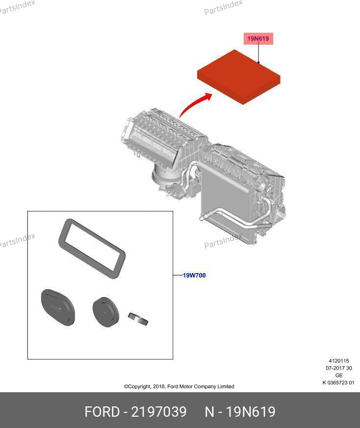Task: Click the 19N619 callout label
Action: (x=258, y=39)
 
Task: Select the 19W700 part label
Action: (x=194, y=276)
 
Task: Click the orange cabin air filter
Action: (x=239, y=76)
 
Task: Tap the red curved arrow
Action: (x=195, y=104)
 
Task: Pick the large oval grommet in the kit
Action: (x=58, y=307)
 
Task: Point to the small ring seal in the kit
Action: (x=138, y=319)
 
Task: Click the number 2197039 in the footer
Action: (x=159, y=412)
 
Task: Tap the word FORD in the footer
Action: (x=102, y=412)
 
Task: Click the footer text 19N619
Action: (x=251, y=412)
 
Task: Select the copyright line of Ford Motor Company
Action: (x=179, y=386)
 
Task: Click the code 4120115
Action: (x=339, y=361)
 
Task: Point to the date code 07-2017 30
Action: (x=339, y=368)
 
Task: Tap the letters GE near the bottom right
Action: (x=339, y=376)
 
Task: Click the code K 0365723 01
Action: (x=338, y=383)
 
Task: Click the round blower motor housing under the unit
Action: (x=161, y=178)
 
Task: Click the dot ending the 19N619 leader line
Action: (x=258, y=62)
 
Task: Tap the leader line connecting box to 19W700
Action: (x=178, y=275)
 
